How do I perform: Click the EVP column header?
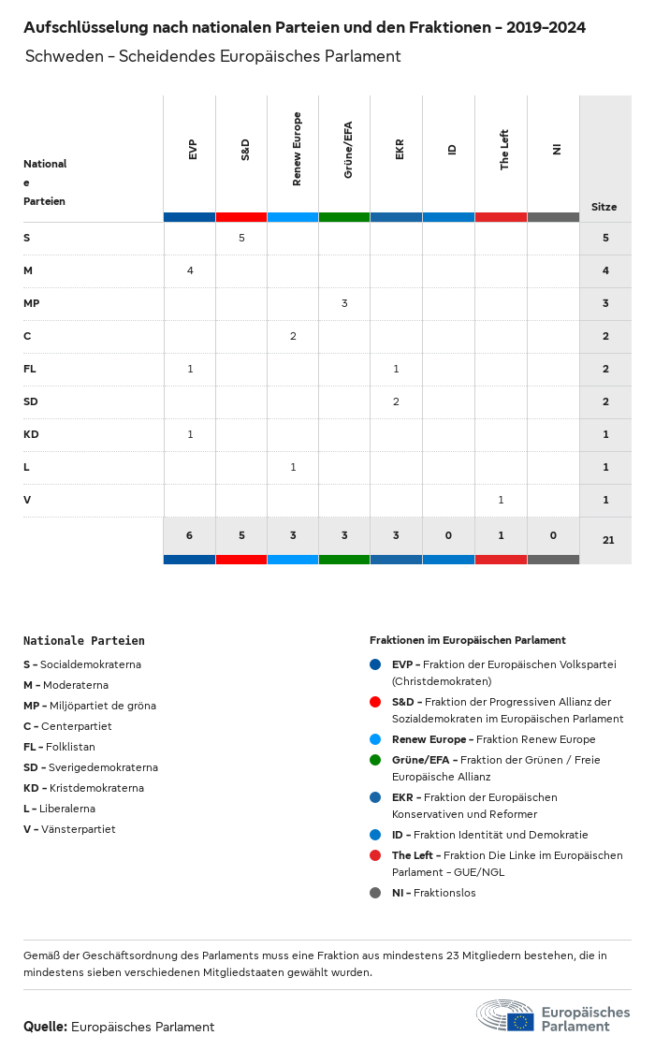[193, 150]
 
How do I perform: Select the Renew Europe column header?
[297, 149]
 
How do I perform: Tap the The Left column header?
[504, 150]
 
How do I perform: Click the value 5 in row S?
[241, 238]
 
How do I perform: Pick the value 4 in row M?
[190, 270]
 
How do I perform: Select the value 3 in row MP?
[344, 303]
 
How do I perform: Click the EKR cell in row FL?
[396, 369]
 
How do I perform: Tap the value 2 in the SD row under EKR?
[396, 401]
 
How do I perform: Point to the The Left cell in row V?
[501, 500]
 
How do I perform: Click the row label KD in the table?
[30, 434]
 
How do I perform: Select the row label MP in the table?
[31, 303]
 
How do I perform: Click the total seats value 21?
[608, 540]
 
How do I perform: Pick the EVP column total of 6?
[189, 535]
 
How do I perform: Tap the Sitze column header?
[604, 207]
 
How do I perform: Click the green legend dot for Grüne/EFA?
[375, 760]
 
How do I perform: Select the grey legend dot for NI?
[375, 893]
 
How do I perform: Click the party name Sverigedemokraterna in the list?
[98, 767]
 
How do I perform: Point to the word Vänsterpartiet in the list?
[79, 829]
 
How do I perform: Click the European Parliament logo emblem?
[505, 1016]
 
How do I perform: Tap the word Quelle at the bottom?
[45, 1027]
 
